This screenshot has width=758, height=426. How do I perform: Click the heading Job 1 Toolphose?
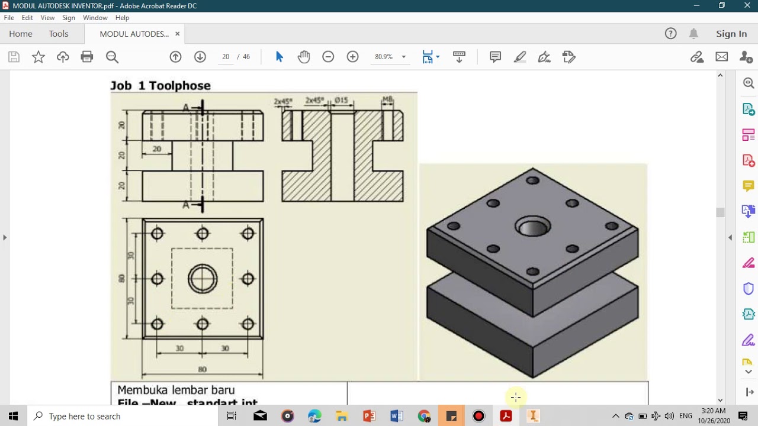click(x=160, y=86)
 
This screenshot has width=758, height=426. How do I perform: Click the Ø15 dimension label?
click(x=341, y=101)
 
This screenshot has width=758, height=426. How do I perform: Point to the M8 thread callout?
click(x=387, y=99)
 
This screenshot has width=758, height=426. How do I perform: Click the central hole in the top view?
click(x=203, y=279)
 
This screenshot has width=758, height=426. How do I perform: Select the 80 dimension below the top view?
click(x=203, y=369)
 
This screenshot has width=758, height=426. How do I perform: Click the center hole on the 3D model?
click(x=532, y=227)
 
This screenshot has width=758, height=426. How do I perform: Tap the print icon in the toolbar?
click(x=87, y=57)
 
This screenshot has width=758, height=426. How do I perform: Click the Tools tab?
click(x=59, y=34)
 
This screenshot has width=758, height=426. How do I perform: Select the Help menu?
click(x=122, y=18)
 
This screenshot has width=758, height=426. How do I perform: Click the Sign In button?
click(x=731, y=34)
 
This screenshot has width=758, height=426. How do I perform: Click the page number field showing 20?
click(x=226, y=57)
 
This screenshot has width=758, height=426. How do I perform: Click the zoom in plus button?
click(x=352, y=57)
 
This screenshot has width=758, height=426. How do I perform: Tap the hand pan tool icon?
click(x=304, y=57)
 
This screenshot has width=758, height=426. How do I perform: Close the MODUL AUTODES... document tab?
click(x=177, y=34)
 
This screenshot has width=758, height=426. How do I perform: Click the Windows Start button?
click(x=13, y=416)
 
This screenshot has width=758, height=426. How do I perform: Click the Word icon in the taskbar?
click(x=396, y=416)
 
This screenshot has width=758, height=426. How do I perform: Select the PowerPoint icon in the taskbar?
click(x=369, y=416)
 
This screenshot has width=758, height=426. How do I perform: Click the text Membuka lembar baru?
click(x=176, y=390)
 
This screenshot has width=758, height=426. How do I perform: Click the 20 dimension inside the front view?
click(x=157, y=149)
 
